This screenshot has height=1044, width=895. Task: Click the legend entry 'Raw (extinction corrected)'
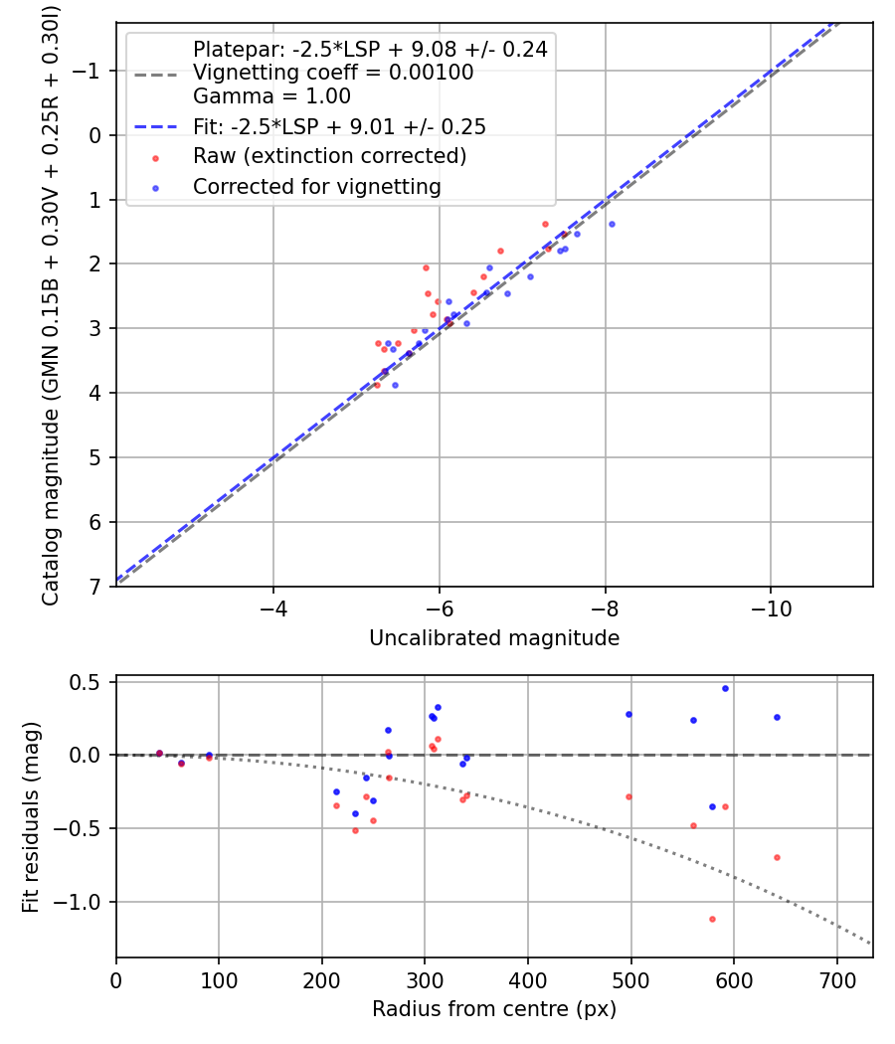(x=329, y=156)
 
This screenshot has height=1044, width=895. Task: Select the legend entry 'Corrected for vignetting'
(x=316, y=186)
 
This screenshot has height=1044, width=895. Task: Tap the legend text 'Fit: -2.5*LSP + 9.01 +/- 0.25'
(x=339, y=126)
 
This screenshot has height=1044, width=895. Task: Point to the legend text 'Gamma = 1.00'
(x=271, y=96)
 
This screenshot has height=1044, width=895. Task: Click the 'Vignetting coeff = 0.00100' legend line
(x=332, y=73)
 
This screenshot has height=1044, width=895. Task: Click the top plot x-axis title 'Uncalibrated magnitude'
(x=494, y=638)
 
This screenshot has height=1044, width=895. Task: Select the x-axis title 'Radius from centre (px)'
(x=494, y=1009)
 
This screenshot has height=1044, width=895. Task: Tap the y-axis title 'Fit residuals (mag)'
(x=31, y=817)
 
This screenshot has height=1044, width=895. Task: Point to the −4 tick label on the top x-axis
(x=273, y=607)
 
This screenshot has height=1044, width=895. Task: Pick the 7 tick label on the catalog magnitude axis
(x=95, y=587)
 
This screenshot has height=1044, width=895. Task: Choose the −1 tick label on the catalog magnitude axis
(x=89, y=71)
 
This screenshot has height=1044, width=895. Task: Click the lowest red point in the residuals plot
(x=712, y=919)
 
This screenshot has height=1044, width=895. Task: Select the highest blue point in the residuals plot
(x=725, y=688)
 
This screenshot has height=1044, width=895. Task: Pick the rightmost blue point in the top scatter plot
(x=612, y=224)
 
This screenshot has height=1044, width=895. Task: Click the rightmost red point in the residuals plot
(x=777, y=857)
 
